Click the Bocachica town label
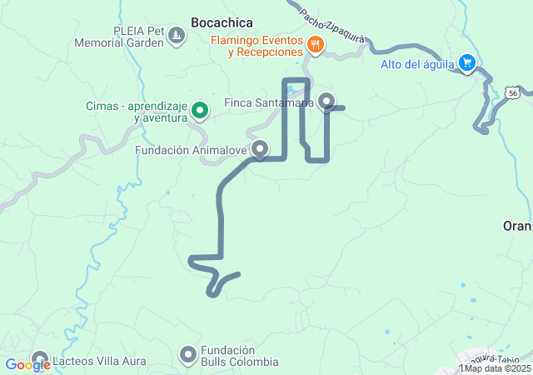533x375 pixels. [222, 22]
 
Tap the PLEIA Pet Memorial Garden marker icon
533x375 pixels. [177, 36]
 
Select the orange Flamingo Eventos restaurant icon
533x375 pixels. [315, 46]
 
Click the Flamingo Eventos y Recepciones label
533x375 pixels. [256, 46]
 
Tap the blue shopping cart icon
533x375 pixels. [467, 63]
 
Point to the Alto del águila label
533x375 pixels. [417, 64]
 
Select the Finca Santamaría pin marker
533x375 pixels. [327, 102]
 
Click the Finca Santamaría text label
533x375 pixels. [270, 103]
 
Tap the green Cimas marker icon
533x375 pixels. [200, 110]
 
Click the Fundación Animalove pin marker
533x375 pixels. [260, 149]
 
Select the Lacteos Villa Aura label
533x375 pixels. [99, 362]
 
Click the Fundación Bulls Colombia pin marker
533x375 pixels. [188, 355]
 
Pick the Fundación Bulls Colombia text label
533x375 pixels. [238, 356]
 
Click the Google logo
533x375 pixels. [27, 364]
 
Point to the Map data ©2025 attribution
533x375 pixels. [497, 368]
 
